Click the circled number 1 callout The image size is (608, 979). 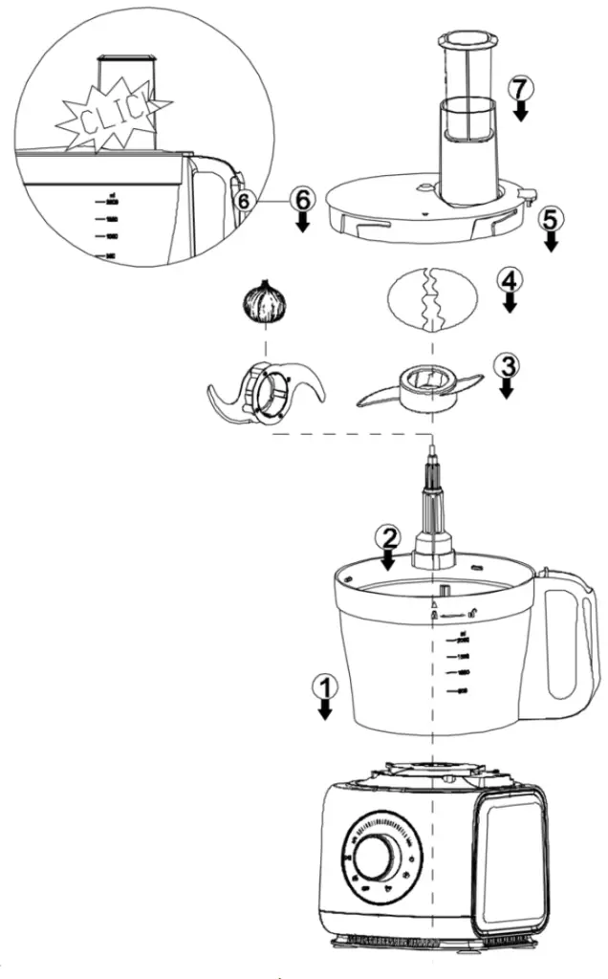click(x=326, y=685)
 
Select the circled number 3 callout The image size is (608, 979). click(x=506, y=365)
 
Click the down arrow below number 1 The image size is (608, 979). click(x=326, y=707)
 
